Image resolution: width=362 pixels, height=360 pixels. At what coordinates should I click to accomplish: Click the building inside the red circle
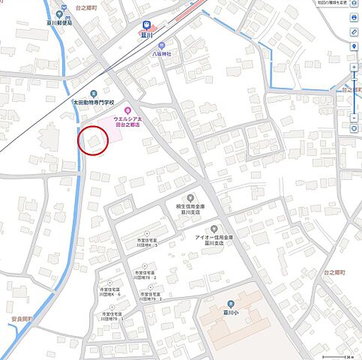(x=94, y=140)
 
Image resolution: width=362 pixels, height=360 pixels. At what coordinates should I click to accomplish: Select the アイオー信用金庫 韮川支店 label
(x=213, y=239)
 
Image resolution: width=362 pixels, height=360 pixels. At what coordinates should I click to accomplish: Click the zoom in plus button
(x=354, y=67)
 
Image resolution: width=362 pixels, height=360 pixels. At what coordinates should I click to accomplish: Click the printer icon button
(x=354, y=18)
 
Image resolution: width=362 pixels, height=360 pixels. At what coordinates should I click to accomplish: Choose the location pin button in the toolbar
(x=354, y=46)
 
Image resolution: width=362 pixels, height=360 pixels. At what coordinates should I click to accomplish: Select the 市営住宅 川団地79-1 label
(x=114, y=316)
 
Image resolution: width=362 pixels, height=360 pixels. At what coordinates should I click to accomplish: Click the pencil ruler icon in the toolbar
(x=354, y=32)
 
